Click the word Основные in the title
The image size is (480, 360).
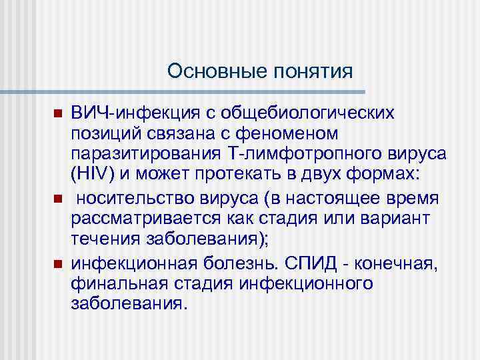[x=209, y=70]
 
